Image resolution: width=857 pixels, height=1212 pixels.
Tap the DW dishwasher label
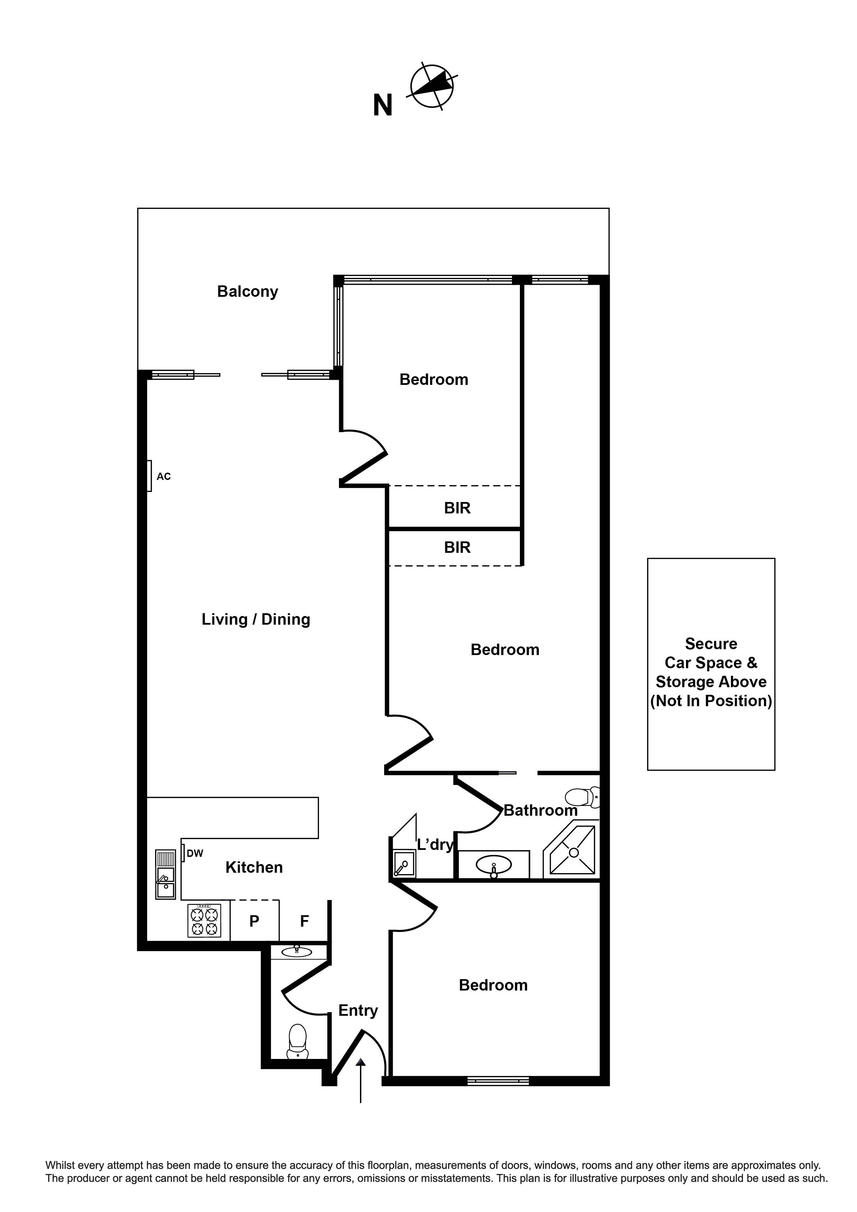tap(195, 853)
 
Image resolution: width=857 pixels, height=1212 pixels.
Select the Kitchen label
tap(254, 867)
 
